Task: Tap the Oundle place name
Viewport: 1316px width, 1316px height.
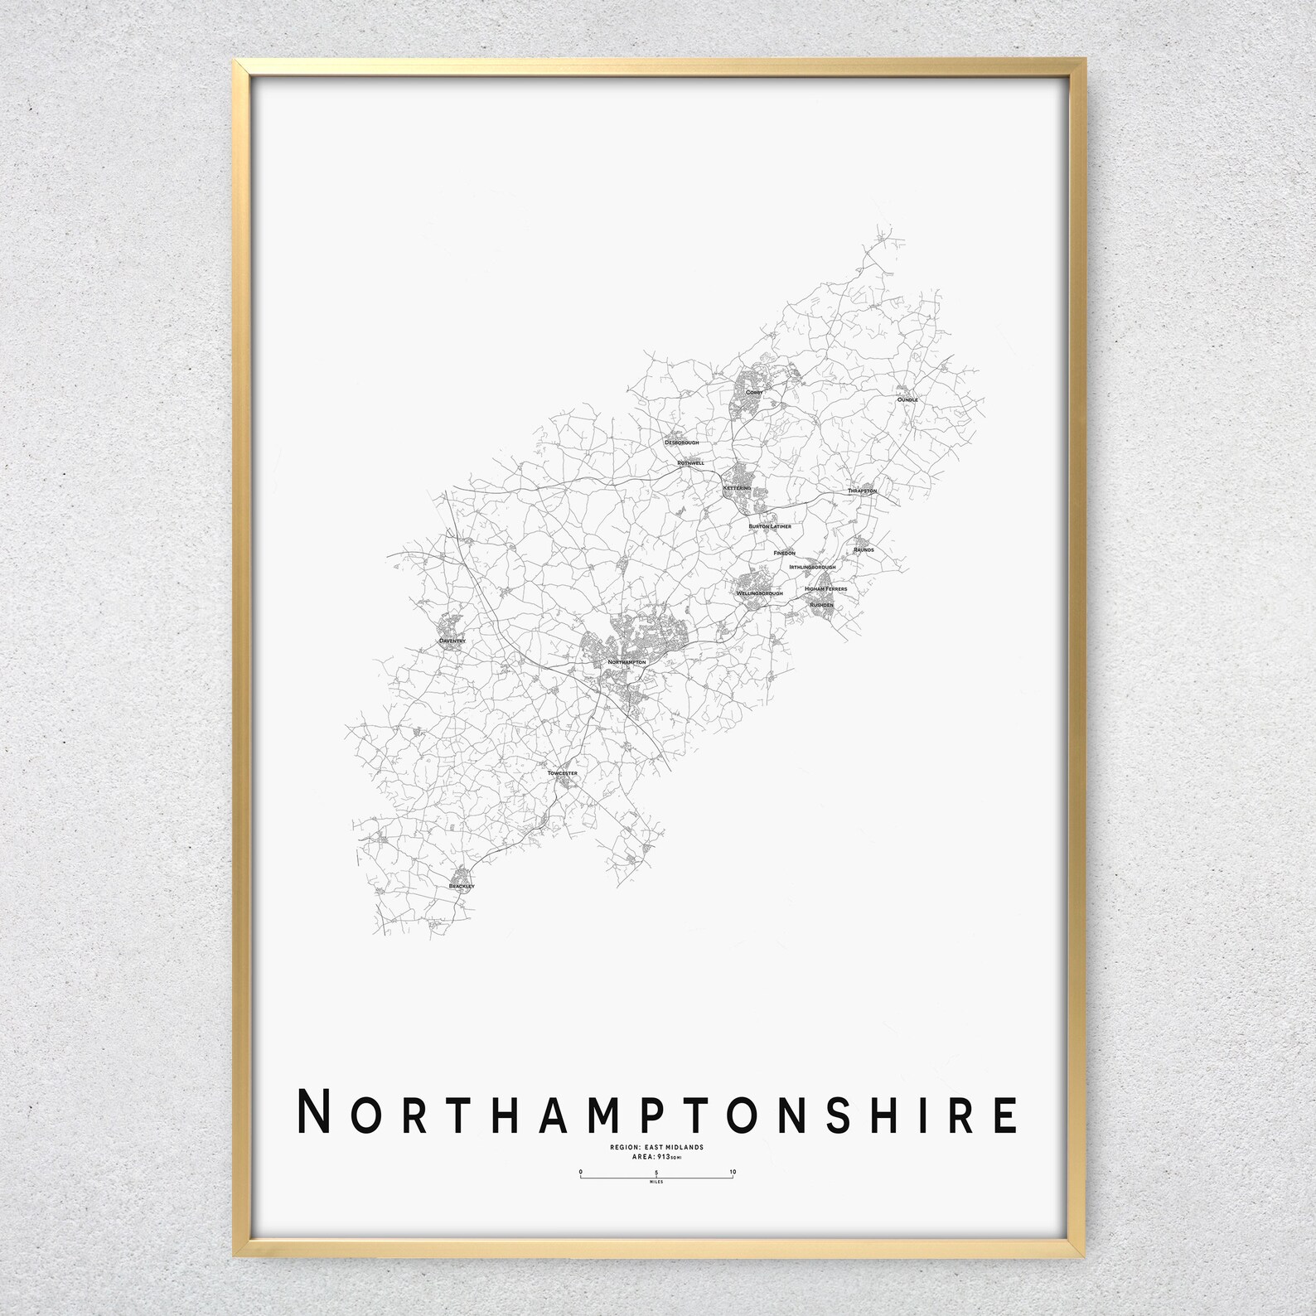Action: [907, 399]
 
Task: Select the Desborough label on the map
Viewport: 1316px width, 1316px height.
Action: [682, 443]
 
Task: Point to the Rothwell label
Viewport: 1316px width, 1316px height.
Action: [690, 462]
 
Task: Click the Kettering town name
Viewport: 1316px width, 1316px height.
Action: [737, 488]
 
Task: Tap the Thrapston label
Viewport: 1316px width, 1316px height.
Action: [862, 491]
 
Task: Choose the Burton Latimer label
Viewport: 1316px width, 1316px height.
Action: [770, 526]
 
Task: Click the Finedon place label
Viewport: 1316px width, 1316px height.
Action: [784, 553]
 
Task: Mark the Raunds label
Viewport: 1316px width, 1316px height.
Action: [864, 549]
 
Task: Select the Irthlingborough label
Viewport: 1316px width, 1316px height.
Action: [812, 567]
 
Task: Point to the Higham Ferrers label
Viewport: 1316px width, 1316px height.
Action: [825, 589]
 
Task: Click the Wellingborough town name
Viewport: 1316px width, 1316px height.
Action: [760, 593]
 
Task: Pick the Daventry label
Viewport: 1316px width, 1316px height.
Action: [453, 641]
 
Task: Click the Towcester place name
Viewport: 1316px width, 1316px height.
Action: [563, 773]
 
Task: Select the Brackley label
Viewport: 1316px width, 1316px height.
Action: [461, 887]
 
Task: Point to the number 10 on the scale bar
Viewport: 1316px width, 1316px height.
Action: [733, 1172]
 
